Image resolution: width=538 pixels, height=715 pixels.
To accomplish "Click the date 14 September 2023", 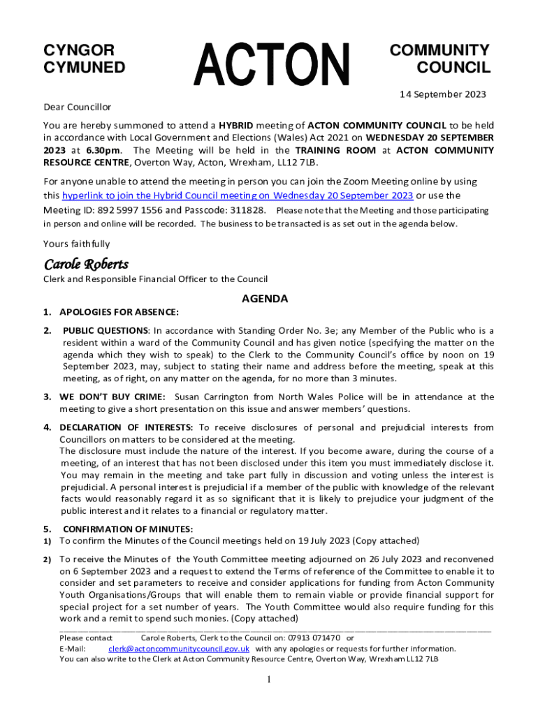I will pyautogui.click(x=442, y=94).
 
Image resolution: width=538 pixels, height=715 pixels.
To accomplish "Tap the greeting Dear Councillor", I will pyautogui.click(x=77, y=108).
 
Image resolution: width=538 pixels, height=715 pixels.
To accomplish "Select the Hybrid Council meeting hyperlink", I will pyautogui.click(x=238, y=196).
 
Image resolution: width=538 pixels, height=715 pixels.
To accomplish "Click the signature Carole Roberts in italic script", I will pyautogui.click(x=86, y=265).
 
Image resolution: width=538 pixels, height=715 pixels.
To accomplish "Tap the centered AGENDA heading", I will pyautogui.click(x=265, y=299).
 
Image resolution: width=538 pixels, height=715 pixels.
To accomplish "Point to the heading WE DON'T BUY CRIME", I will pyautogui.click(x=112, y=397).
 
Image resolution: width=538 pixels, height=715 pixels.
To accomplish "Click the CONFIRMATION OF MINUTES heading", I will pyautogui.click(x=128, y=529).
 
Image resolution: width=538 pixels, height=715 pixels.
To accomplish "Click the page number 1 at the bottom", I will pyautogui.click(x=269, y=680).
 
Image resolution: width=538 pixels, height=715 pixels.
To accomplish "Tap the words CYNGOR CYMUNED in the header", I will pyautogui.click(x=85, y=59).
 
